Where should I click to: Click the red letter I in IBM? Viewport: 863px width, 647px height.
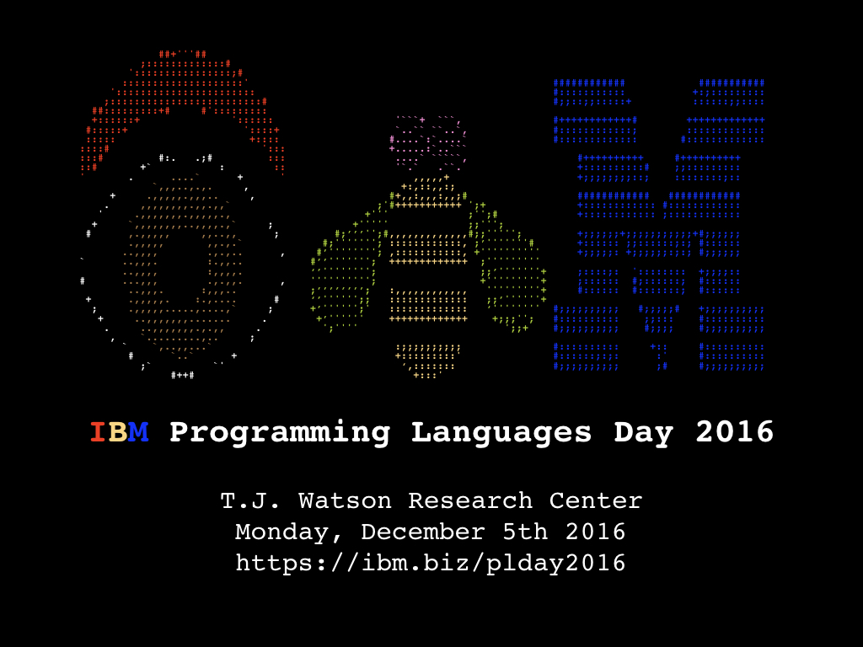pos(98,432)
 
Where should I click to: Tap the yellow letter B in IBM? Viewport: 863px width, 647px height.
pos(118,432)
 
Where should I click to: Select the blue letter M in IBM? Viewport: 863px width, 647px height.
pos(138,432)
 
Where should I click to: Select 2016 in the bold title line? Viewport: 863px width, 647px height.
pos(735,432)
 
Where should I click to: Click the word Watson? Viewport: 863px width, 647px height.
pos(345,501)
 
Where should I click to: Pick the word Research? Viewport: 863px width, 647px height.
pos(470,501)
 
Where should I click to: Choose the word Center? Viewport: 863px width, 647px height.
pos(596,501)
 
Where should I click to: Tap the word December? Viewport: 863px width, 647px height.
pos(423,532)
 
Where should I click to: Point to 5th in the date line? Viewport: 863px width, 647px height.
pos(525,532)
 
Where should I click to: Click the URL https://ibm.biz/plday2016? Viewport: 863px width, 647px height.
pos(431,564)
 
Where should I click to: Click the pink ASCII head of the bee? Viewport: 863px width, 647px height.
pos(428,142)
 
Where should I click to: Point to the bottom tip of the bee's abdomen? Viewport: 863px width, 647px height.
pos(425,377)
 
